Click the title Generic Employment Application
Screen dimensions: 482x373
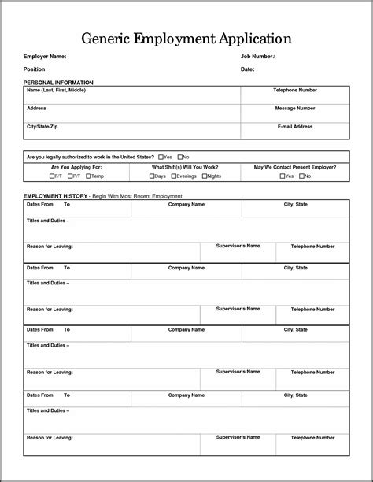[x=186, y=38]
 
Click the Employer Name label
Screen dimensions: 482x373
[x=45, y=57]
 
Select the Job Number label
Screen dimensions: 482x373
[x=257, y=57]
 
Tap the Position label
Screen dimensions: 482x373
[x=35, y=69]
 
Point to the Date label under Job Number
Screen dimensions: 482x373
[x=248, y=69]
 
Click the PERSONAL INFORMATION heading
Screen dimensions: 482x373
[x=58, y=82]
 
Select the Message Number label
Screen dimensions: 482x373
[x=294, y=108]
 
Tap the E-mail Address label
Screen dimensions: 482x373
[x=294, y=126]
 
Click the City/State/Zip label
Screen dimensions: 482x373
[x=42, y=126]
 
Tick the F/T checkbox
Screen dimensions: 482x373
[x=51, y=176]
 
